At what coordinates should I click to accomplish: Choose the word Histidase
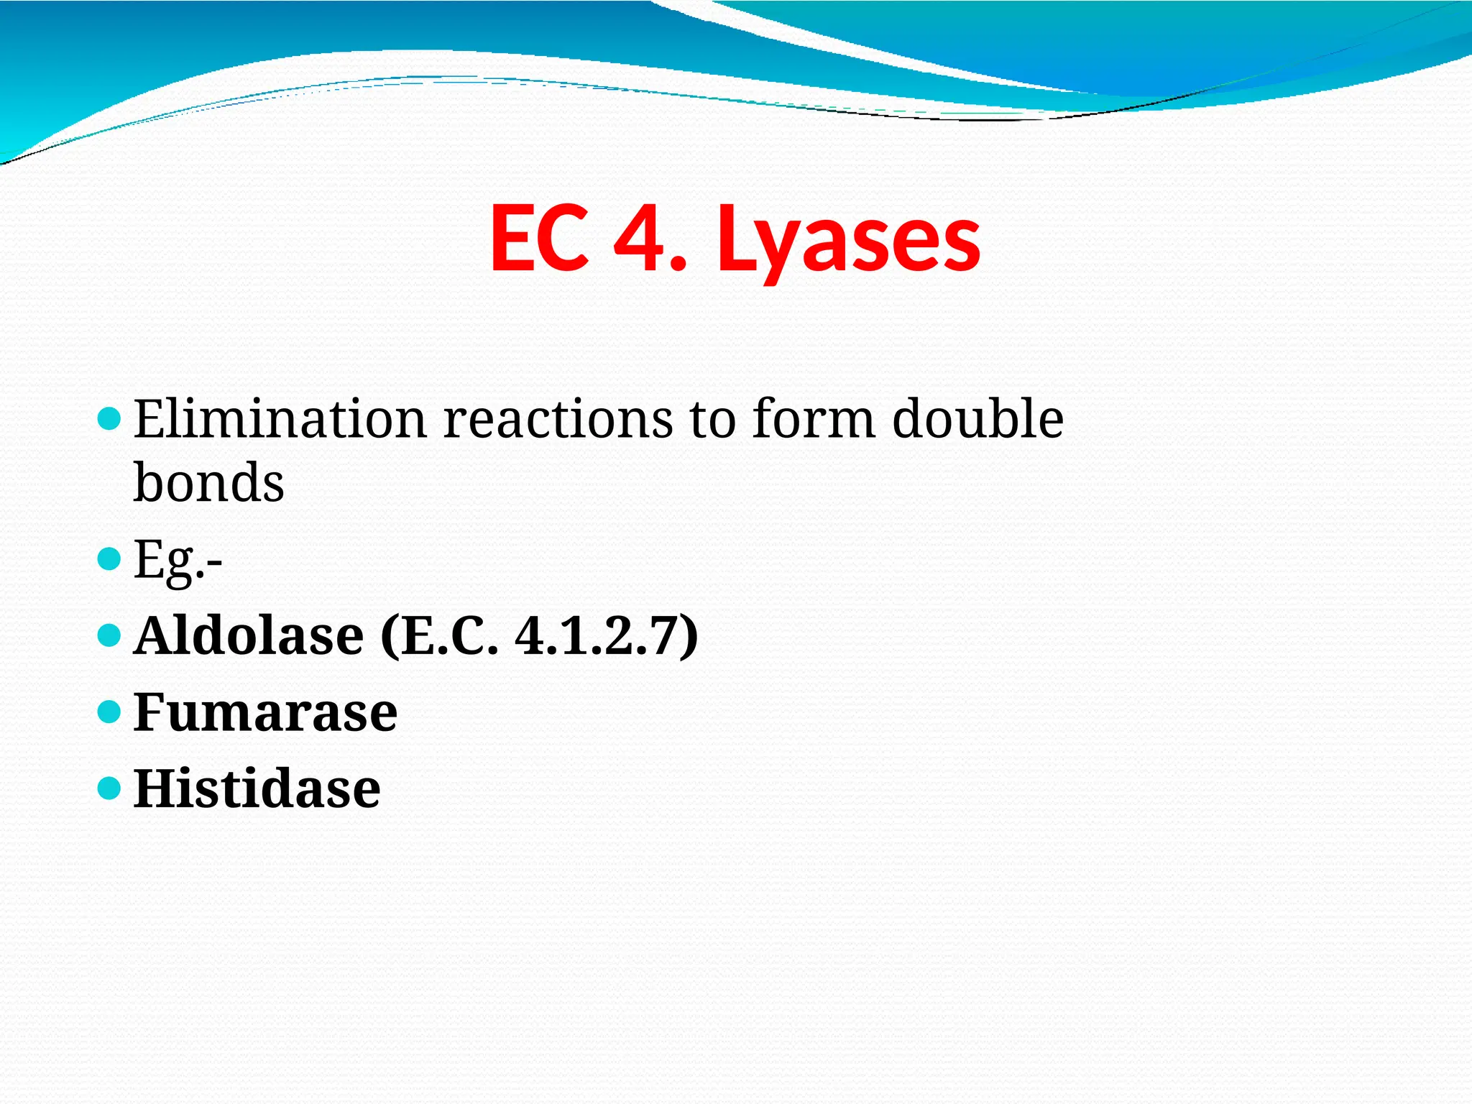pyautogui.click(x=257, y=788)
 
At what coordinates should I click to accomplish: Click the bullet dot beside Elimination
pyautogui.click(x=109, y=418)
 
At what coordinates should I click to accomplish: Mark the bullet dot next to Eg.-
pyautogui.click(x=109, y=558)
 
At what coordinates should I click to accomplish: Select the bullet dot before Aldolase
pyautogui.click(x=109, y=635)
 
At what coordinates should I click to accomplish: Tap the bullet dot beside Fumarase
pyautogui.click(x=109, y=712)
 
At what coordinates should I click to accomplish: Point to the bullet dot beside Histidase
pyautogui.click(x=109, y=788)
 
